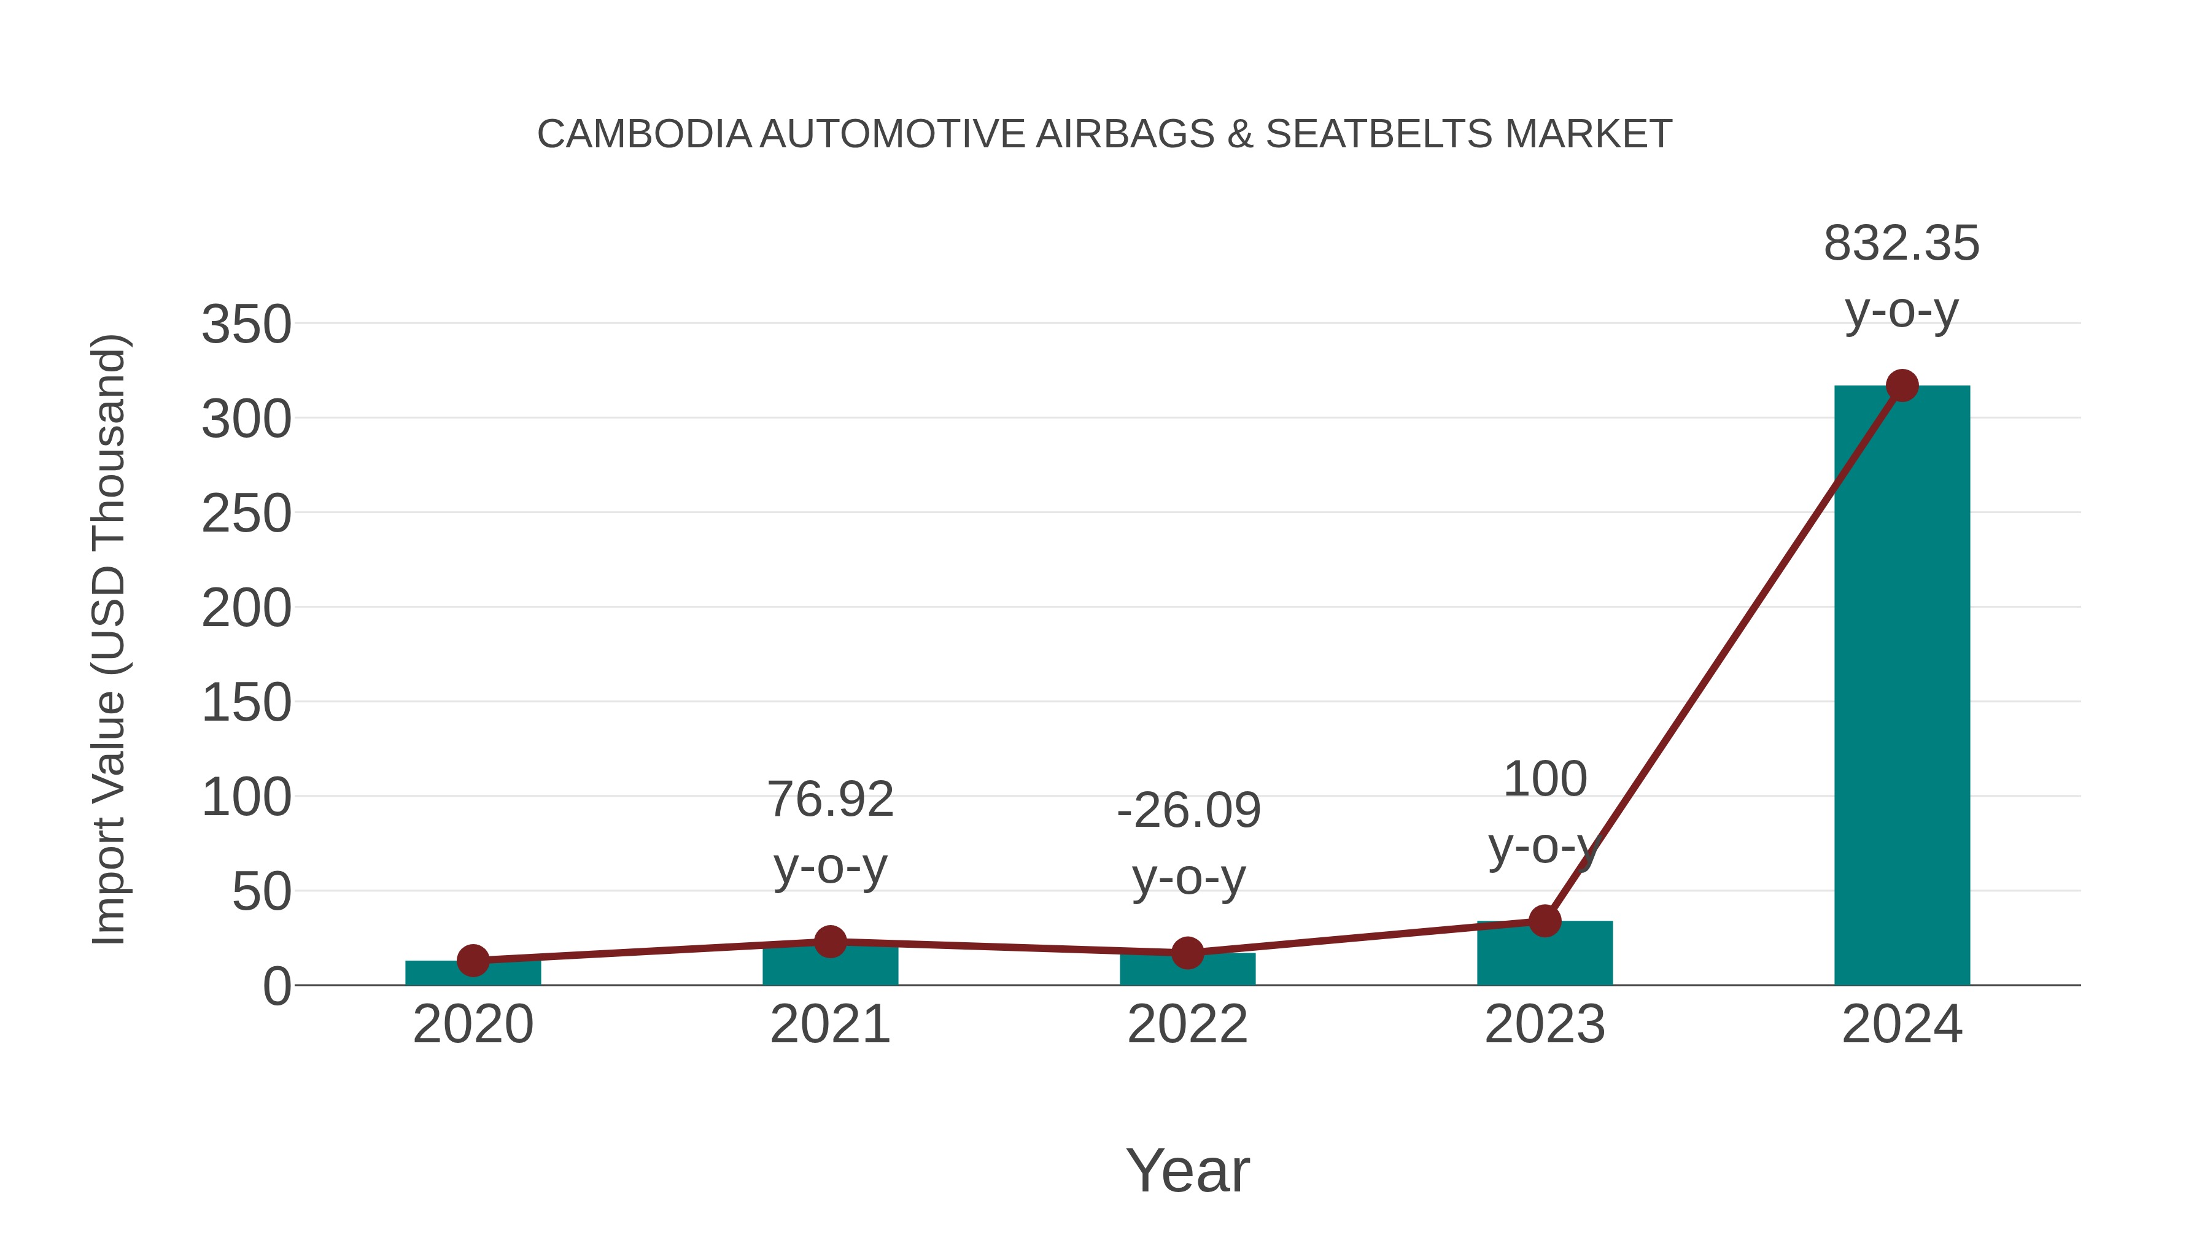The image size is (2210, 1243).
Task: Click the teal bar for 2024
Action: (x=1901, y=686)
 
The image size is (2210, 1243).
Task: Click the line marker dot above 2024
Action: (x=1902, y=386)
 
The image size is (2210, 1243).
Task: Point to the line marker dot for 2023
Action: (x=1545, y=921)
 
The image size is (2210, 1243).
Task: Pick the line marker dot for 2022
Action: (x=1187, y=953)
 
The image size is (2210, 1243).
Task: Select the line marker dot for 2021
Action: (x=829, y=942)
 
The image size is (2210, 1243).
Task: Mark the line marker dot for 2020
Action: (x=473, y=961)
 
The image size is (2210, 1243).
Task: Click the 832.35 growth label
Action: (x=1901, y=244)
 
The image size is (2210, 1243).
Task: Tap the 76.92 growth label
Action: (x=829, y=800)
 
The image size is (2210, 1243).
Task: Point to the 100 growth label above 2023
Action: (x=1545, y=780)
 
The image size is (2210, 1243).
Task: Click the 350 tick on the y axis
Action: (x=246, y=326)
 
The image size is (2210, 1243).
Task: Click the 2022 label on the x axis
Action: (x=1187, y=1025)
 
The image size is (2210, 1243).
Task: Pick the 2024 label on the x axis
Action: (x=1901, y=1025)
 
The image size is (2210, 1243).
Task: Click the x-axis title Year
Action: (x=1187, y=1171)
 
